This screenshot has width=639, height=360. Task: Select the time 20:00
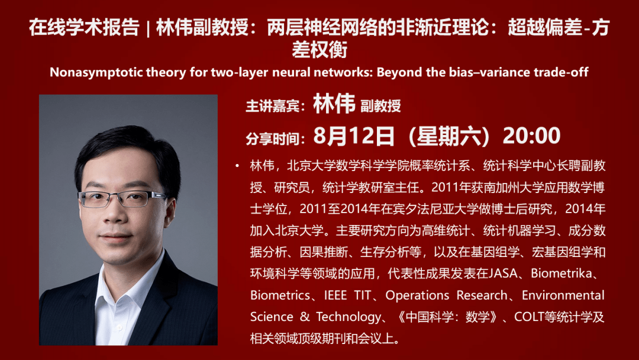pyautogui.click(x=531, y=136)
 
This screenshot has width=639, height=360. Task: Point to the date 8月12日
pyautogui.click(x=354, y=136)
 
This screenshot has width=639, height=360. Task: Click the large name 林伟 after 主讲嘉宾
pyautogui.click(x=334, y=104)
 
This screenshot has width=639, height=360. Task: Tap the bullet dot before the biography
pyautogui.click(x=237, y=166)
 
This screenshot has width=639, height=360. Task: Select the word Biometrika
pyautogui.click(x=561, y=273)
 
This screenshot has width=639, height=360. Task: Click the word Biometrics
pyautogui.click(x=280, y=295)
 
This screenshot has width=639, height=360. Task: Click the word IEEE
pyautogui.click(x=335, y=295)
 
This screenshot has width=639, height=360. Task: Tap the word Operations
pyautogui.click(x=417, y=295)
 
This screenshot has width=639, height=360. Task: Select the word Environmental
pyautogui.click(x=563, y=295)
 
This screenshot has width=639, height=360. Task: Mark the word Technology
pyautogui.click(x=348, y=317)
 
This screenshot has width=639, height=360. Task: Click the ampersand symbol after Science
pyautogui.click(x=305, y=317)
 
